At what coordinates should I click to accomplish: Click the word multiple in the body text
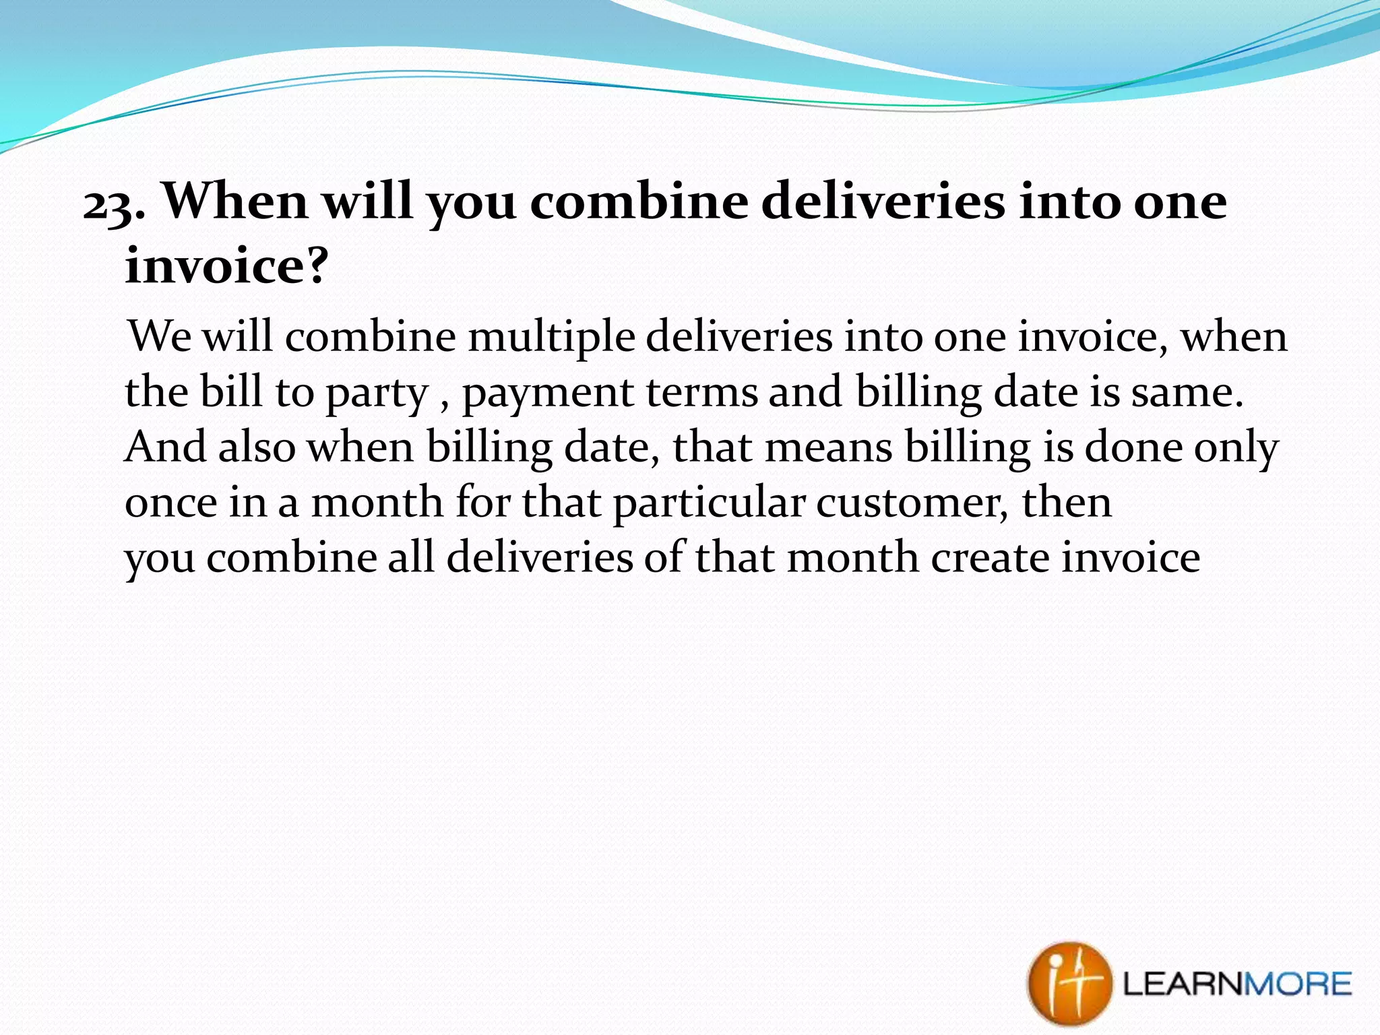coord(551,336)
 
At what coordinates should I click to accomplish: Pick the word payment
coord(548,393)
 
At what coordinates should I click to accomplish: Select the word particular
coord(709,503)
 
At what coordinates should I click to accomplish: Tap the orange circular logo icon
coord(1069,984)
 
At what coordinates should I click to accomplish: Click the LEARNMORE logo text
coord(1237,984)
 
